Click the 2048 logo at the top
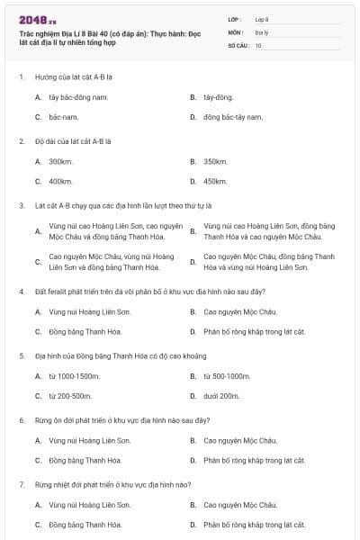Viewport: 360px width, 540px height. (x=37, y=19)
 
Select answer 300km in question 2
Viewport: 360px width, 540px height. (x=60, y=161)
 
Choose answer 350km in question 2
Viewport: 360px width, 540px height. (x=215, y=161)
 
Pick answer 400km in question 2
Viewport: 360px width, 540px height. (x=60, y=181)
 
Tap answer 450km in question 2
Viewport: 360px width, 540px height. (x=215, y=181)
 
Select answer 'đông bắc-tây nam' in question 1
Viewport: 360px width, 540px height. (x=233, y=117)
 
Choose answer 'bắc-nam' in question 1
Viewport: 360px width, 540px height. (x=64, y=117)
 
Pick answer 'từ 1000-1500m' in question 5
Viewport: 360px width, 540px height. (x=75, y=375)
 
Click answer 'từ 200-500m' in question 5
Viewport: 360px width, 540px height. (x=70, y=395)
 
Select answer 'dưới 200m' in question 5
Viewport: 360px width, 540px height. (x=221, y=395)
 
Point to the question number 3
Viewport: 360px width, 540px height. (x=22, y=205)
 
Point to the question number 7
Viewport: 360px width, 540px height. (x=22, y=484)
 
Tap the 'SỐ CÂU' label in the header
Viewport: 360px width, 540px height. (x=238, y=44)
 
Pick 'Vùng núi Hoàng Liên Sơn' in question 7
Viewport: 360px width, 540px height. (x=89, y=505)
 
